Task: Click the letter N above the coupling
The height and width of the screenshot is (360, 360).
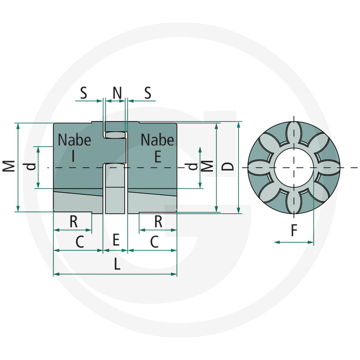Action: point(117,93)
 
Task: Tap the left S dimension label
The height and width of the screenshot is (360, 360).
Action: point(84,93)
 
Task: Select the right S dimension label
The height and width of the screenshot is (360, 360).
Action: point(148,93)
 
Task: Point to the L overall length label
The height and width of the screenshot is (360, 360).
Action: point(117,264)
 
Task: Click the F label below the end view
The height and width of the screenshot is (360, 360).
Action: point(294,230)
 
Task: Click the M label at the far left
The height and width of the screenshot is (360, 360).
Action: point(9,166)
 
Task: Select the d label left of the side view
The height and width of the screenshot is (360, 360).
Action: point(30,166)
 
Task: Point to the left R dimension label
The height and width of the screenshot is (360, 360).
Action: point(73,221)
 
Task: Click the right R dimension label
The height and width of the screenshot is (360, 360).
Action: point(158,221)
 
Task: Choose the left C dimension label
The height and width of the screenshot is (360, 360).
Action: point(80,242)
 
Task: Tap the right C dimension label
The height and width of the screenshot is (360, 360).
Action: point(154,242)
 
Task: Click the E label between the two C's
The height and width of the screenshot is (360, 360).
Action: point(116,240)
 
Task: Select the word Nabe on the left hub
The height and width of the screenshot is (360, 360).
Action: point(74,140)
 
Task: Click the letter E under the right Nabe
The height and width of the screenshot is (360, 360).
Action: point(158,157)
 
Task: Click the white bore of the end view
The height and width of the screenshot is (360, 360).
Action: point(294,167)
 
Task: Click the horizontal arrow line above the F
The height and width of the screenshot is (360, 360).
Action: point(294,242)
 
